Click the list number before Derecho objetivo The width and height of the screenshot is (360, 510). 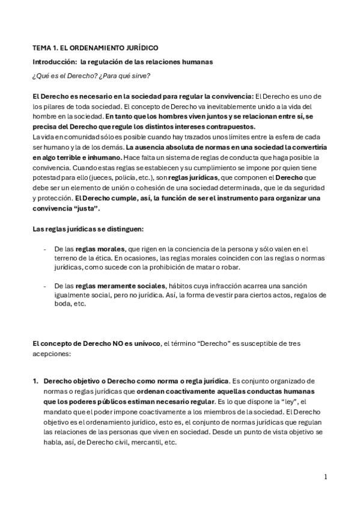tap(35, 381)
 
